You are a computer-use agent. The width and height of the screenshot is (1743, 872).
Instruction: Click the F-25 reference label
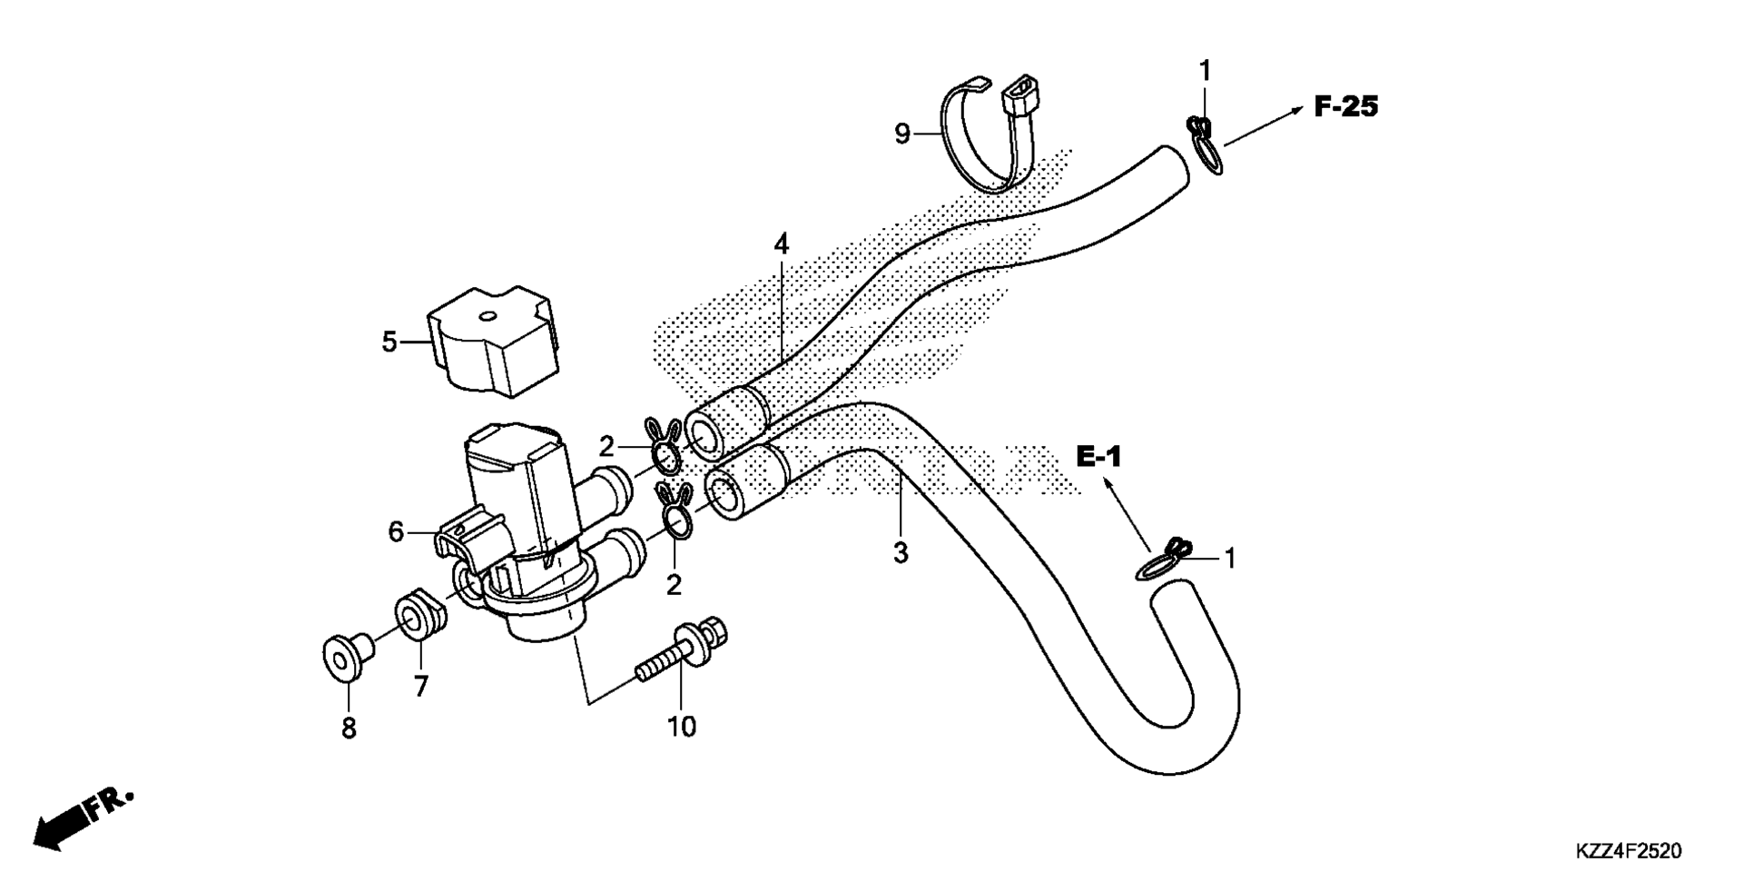click(1346, 107)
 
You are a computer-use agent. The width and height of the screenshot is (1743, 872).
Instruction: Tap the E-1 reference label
click(1099, 457)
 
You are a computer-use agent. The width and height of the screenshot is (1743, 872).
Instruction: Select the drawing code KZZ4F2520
click(1629, 851)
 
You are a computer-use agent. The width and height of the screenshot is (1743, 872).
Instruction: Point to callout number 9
click(901, 134)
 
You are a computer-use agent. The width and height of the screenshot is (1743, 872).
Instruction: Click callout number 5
click(389, 342)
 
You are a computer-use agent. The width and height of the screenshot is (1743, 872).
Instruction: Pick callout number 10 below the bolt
click(682, 727)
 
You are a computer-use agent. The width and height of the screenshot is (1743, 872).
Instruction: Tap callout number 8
click(349, 728)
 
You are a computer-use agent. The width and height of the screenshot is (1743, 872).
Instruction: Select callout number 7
click(420, 688)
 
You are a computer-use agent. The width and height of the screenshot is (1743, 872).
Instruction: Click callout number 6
click(396, 531)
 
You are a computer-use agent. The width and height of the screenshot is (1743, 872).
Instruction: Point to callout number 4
click(782, 243)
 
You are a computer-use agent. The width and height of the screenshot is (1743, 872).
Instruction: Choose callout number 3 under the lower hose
click(901, 552)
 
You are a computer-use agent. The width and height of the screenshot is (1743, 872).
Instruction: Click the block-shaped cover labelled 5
click(494, 341)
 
